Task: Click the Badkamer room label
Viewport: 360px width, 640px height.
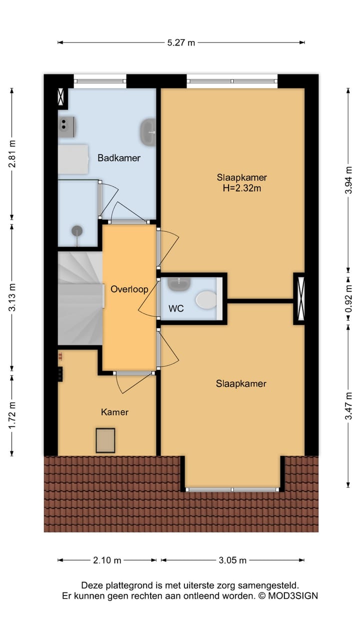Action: (119, 158)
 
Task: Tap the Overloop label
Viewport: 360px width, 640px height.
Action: (129, 289)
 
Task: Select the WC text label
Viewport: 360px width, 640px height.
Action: (176, 308)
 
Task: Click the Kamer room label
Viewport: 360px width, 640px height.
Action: (114, 412)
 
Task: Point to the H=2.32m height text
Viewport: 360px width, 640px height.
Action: (242, 188)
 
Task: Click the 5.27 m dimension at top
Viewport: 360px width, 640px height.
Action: (181, 42)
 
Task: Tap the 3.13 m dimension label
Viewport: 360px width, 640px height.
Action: (12, 297)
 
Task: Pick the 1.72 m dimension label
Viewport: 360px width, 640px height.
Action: (12, 414)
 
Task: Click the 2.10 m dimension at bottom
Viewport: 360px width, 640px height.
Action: (107, 560)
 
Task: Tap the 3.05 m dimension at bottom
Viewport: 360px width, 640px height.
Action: (232, 560)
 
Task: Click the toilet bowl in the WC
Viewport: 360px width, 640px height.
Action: (206, 300)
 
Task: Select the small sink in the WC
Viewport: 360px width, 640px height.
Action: (178, 284)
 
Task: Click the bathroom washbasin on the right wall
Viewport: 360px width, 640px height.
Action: (148, 132)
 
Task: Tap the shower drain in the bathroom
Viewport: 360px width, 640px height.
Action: (77, 230)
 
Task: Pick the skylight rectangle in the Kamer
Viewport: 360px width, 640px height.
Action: (105, 440)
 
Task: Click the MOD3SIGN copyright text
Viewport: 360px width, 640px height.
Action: (287, 595)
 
